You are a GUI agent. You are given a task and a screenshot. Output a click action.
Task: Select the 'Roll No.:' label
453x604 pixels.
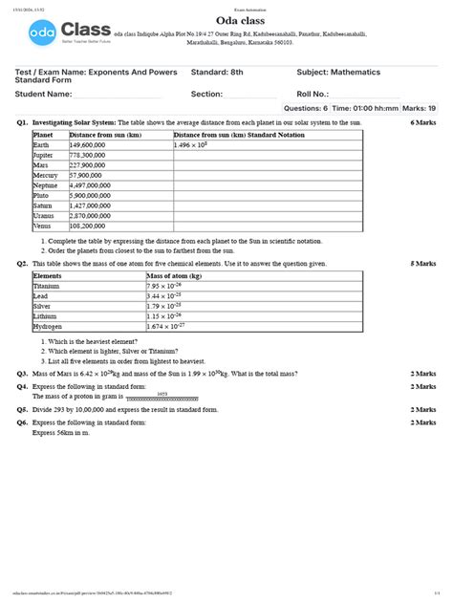[x=316, y=94]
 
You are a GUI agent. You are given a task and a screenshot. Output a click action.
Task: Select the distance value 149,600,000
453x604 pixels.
[x=87, y=144]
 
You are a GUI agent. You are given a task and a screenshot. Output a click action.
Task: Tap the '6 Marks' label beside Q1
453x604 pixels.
[x=423, y=124]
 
